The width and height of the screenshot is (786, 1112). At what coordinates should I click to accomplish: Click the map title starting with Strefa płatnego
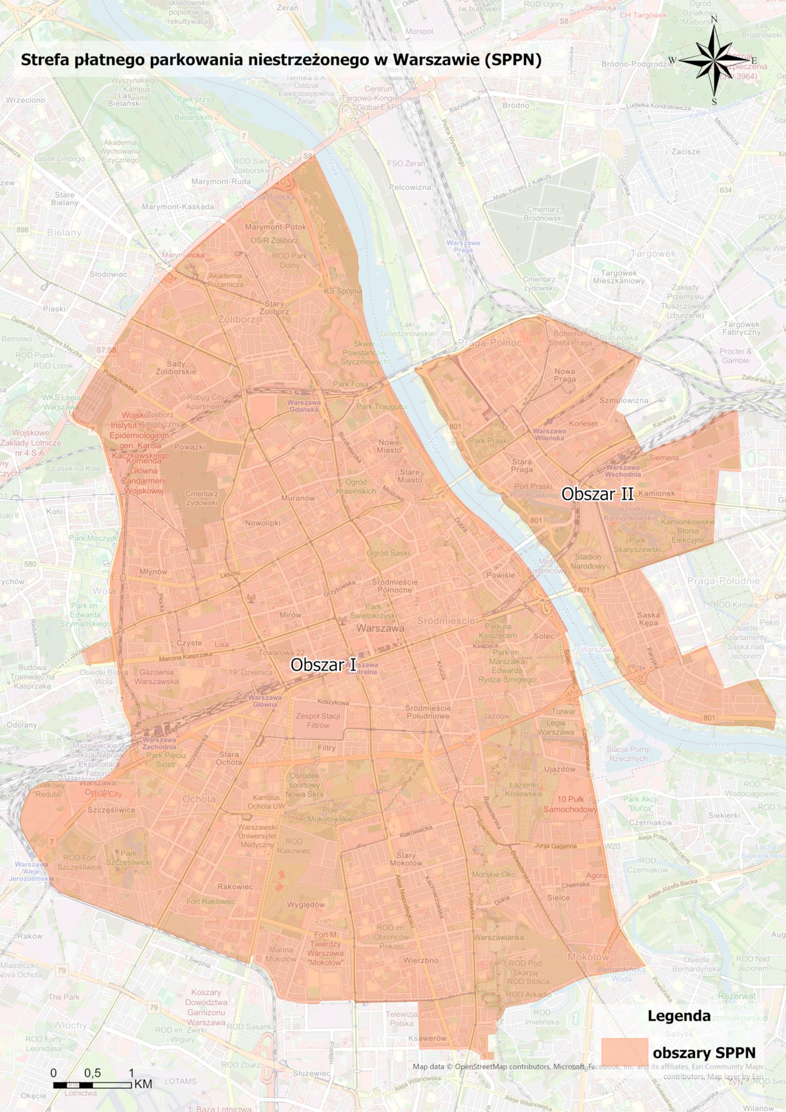[281, 60]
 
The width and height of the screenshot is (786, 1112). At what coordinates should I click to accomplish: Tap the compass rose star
[714, 61]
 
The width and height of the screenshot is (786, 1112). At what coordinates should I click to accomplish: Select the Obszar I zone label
[323, 665]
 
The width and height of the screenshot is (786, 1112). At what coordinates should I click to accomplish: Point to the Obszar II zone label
[597, 494]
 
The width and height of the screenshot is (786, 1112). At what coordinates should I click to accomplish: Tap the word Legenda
[678, 1016]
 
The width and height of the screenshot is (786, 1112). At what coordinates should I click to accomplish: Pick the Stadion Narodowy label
[588, 561]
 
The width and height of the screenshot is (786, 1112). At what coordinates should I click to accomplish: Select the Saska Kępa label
[648, 618]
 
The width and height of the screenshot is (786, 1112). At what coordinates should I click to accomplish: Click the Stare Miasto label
[410, 476]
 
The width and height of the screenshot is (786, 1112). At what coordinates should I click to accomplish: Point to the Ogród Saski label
[388, 553]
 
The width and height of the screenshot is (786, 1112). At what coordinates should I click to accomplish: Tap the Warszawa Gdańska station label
[304, 406]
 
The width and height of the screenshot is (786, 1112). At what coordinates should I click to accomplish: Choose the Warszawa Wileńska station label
[549, 434]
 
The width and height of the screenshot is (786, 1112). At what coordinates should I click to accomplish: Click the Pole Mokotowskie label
[330, 814]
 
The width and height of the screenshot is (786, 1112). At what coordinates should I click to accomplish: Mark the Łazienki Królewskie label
[523, 789]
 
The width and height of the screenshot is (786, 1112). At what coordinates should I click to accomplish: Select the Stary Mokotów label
[406, 859]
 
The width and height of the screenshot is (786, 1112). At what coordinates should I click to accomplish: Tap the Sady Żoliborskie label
[176, 368]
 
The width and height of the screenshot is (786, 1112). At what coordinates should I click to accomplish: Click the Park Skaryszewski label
[637, 545]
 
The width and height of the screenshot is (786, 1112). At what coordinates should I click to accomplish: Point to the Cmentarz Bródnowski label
[543, 214]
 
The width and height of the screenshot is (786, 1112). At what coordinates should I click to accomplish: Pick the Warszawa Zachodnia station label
[159, 743]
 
